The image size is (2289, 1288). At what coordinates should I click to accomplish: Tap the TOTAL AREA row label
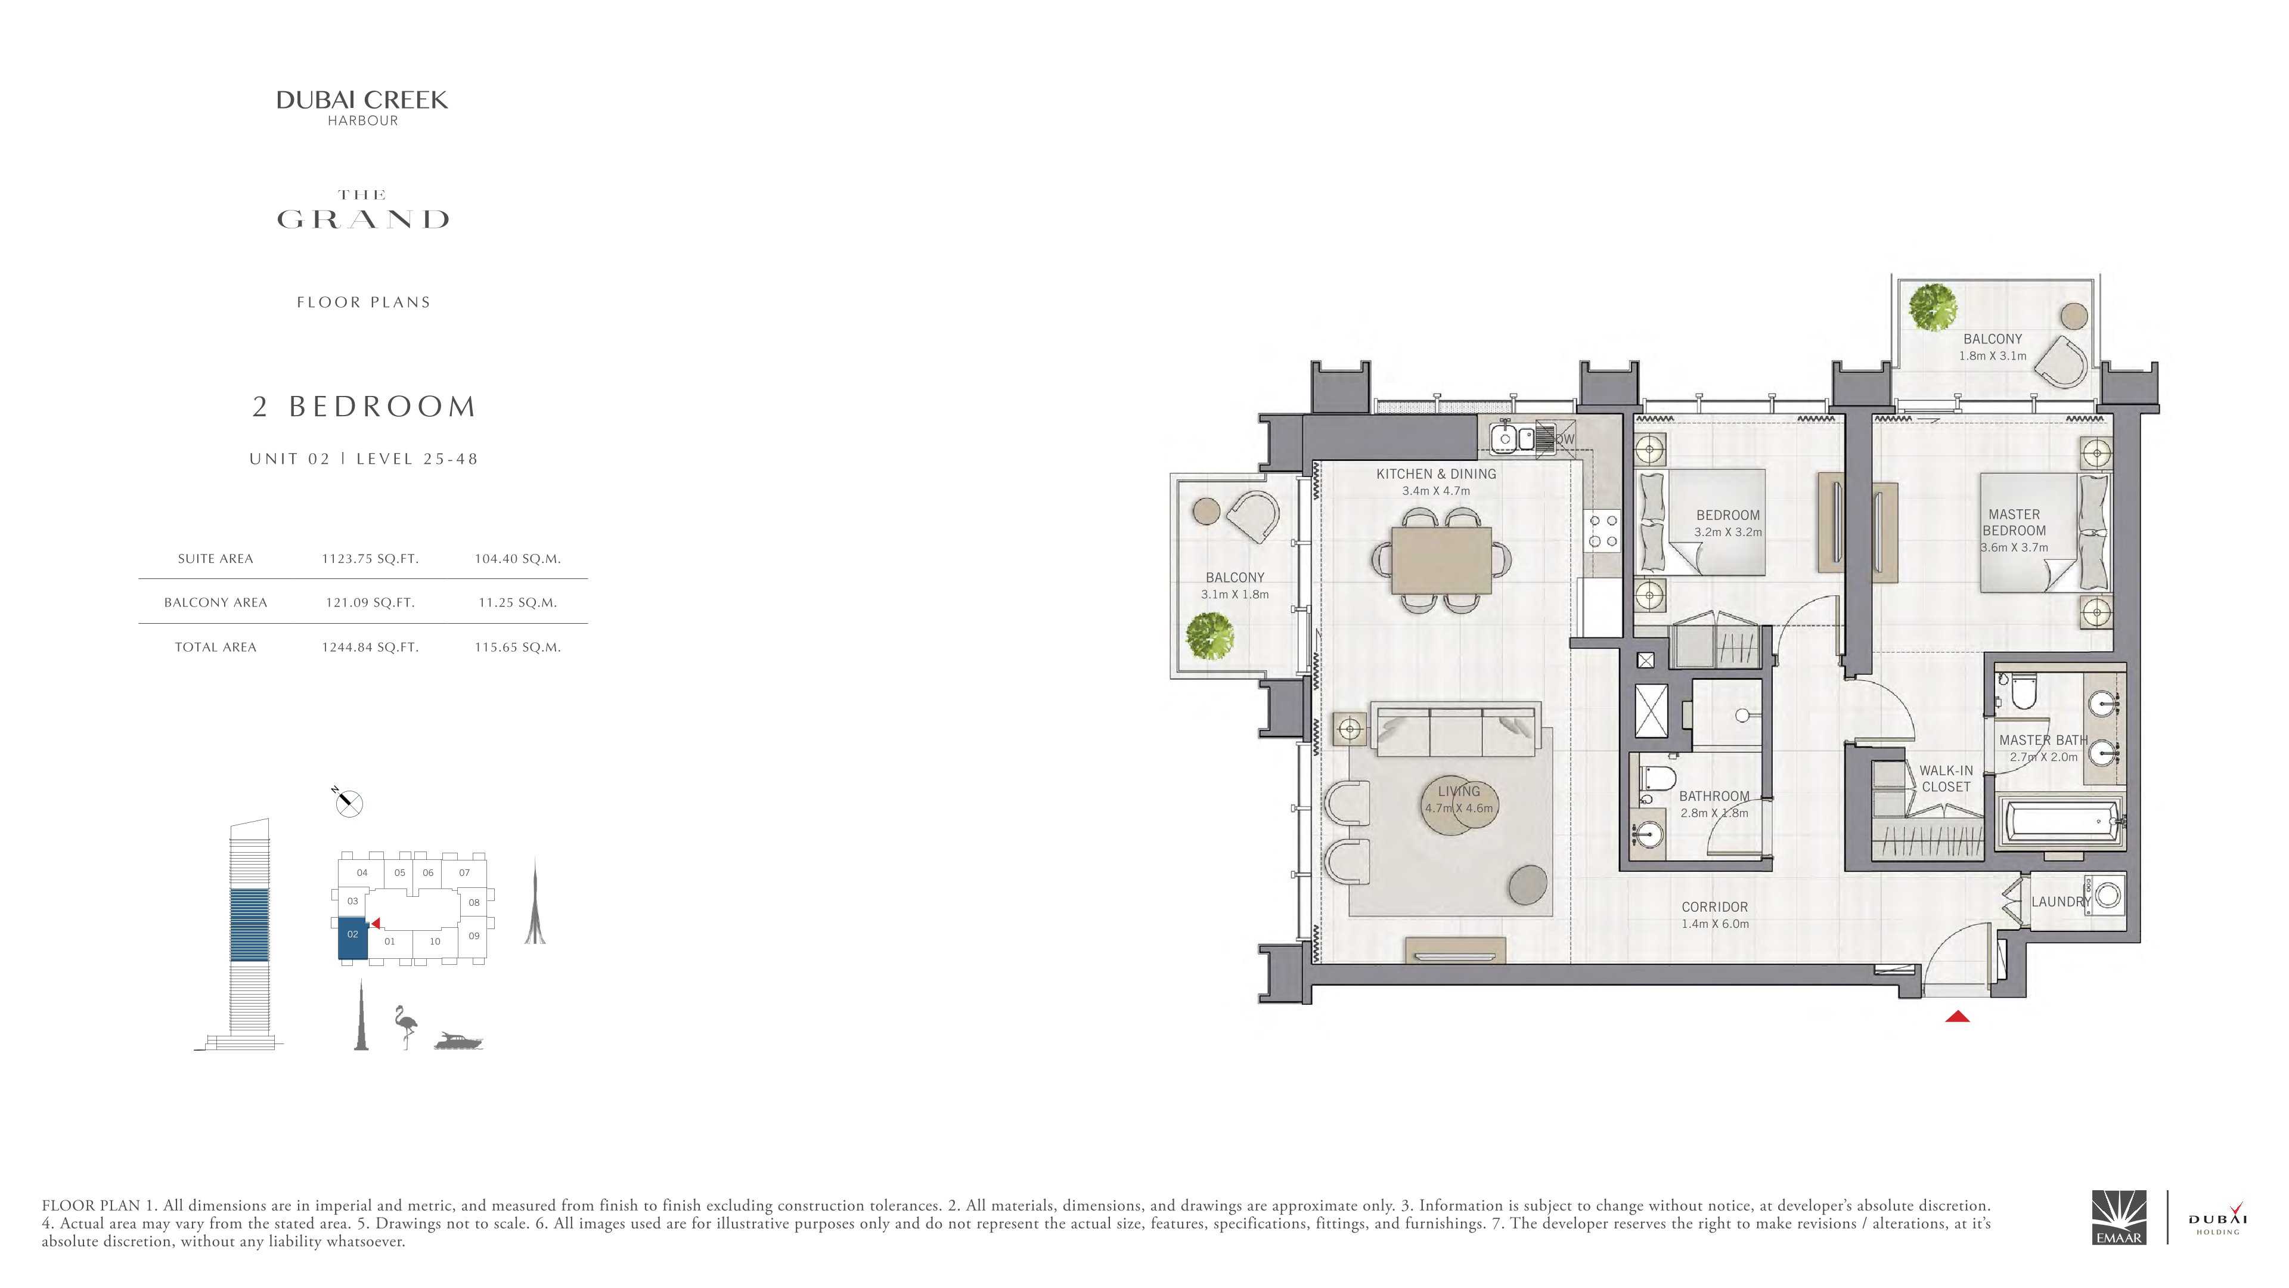click(x=215, y=647)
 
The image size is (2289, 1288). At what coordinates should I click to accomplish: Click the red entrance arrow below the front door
click(x=1958, y=1016)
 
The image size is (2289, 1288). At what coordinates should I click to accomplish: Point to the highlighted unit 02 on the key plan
click(x=353, y=939)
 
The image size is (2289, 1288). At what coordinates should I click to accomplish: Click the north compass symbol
click(x=348, y=803)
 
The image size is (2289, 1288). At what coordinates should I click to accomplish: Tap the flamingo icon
click(x=405, y=1027)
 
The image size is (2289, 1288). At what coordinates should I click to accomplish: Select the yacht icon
click(x=458, y=1041)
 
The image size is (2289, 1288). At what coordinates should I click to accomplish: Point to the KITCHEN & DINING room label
click(x=1436, y=474)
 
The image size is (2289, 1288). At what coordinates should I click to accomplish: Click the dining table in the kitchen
click(x=1441, y=560)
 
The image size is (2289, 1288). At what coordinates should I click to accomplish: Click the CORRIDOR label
click(x=1714, y=906)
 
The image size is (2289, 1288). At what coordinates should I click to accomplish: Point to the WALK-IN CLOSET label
click(x=1946, y=779)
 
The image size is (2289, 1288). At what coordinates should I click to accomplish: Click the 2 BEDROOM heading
click(x=364, y=406)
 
